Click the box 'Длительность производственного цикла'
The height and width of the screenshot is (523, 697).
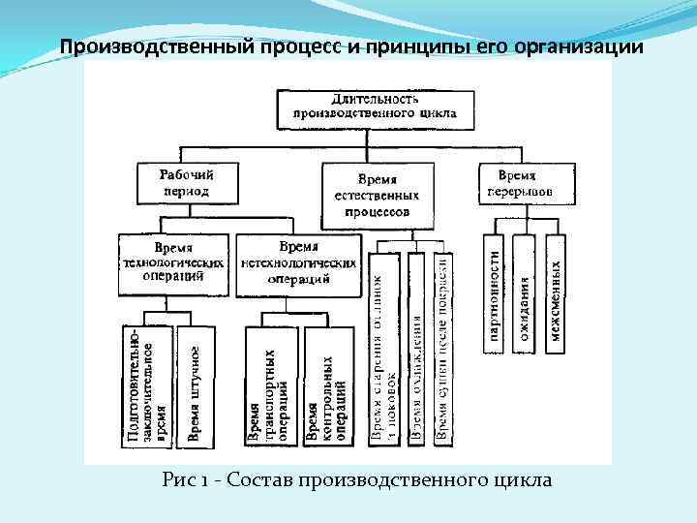(x=375, y=108)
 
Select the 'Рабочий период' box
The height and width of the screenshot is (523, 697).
(x=187, y=183)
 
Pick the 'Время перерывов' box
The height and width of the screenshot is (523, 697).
(x=517, y=183)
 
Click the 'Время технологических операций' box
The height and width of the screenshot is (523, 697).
(x=175, y=262)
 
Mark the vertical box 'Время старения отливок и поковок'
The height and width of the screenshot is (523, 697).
(x=384, y=349)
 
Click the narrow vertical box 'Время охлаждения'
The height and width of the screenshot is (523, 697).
(x=415, y=349)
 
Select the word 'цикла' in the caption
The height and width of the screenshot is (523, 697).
(x=524, y=480)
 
